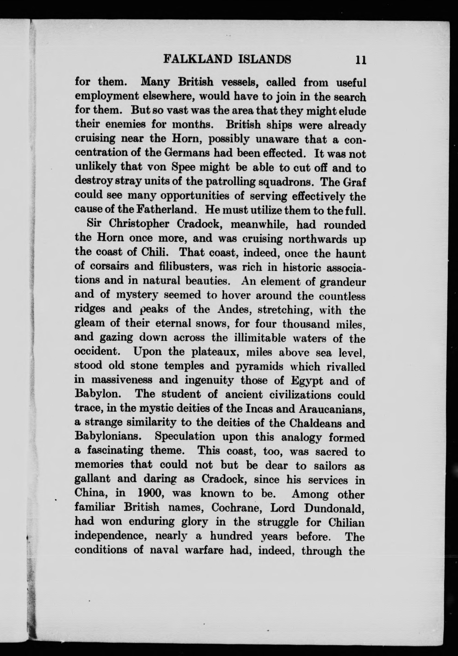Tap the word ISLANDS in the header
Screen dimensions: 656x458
pyautogui.click(x=264, y=60)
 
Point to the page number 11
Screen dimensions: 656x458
pyautogui.click(x=360, y=60)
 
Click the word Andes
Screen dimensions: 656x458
pyautogui.click(x=231, y=309)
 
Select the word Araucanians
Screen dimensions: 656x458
pyautogui.click(x=331, y=409)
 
